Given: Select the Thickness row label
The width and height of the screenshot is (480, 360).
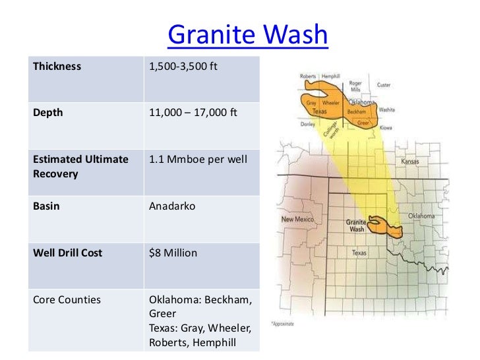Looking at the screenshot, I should pyautogui.click(x=57, y=67).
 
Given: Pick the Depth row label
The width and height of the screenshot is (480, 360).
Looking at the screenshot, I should pyautogui.click(x=48, y=112).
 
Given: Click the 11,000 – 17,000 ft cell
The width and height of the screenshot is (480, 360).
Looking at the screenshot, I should pyautogui.click(x=193, y=112).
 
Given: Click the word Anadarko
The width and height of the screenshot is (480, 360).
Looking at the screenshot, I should pyautogui.click(x=173, y=206).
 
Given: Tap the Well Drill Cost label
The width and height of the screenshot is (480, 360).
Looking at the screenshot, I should pyautogui.click(x=68, y=253).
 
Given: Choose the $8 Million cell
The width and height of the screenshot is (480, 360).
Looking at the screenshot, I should pyautogui.click(x=173, y=253).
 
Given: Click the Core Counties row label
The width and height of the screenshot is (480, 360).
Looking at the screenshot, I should pyautogui.click(x=67, y=299).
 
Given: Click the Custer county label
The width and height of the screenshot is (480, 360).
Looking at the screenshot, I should pyautogui.click(x=383, y=85).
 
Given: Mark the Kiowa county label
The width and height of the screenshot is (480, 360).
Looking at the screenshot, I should pyautogui.click(x=386, y=128).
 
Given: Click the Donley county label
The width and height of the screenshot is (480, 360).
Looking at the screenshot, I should pyautogui.click(x=307, y=124).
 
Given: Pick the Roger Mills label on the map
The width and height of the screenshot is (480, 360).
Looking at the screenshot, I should pyautogui.click(x=355, y=87).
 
